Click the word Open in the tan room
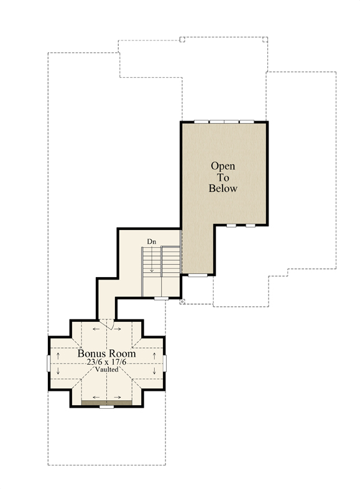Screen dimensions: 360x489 223,166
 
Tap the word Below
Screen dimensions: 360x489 223,188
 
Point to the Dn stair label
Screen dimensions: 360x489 152,242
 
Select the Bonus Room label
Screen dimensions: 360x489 107,354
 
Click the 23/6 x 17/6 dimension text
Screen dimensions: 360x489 107,362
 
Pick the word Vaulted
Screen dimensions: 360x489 107,370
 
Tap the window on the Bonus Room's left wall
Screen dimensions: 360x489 48,363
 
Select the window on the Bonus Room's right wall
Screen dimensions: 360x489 164,363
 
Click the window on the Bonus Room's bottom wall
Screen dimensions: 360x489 107,406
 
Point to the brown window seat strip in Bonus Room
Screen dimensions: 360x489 107,403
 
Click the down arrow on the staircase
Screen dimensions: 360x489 152,259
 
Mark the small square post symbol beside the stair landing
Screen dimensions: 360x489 182,301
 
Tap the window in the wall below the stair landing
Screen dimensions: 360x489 161,298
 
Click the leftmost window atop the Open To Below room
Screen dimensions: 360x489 201,122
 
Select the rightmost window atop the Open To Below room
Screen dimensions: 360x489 247,122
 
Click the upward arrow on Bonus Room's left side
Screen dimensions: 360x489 58,356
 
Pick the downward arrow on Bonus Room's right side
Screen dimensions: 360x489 154,371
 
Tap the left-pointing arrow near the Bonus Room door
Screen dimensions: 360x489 96,329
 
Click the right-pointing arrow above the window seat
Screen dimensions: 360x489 118,397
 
